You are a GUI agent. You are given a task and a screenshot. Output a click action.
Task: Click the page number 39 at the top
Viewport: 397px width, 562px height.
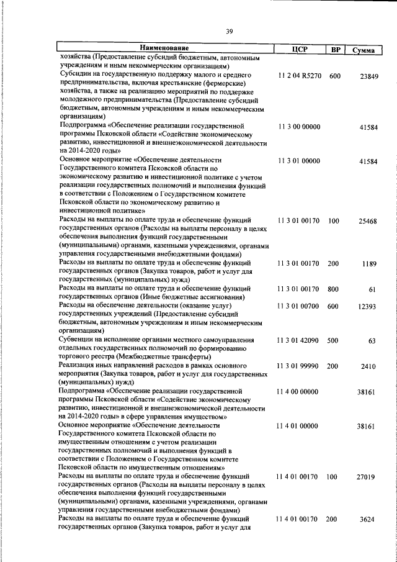[x=229, y=32]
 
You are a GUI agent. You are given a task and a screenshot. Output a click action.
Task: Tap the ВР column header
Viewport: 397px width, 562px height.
[x=335, y=49]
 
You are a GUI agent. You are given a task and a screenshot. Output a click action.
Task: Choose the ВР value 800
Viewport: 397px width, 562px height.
[x=334, y=289]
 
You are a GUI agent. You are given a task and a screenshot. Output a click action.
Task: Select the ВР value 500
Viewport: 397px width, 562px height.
[x=334, y=341]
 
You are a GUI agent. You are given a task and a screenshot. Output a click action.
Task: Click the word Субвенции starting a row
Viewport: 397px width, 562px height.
[x=77, y=340]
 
